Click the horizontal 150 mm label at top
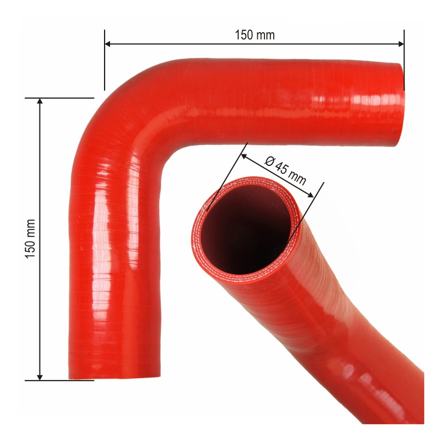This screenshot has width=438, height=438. (x=255, y=35)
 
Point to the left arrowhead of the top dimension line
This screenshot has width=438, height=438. (x=108, y=43)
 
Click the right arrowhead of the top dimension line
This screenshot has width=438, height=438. (x=400, y=43)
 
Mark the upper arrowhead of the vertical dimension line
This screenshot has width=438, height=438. (x=39, y=102)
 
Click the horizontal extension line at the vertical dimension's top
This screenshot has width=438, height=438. (x=60, y=98)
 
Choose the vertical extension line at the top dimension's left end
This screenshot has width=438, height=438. (x=105, y=60)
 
